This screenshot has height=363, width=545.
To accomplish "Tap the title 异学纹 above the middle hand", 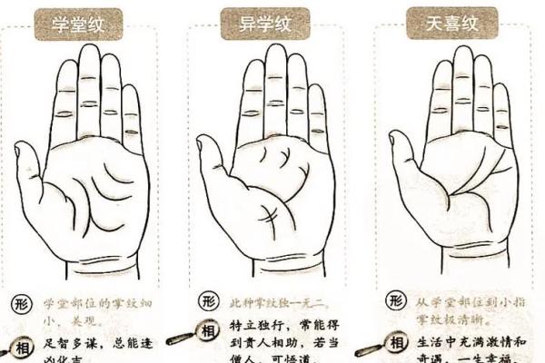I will (x=264, y=21).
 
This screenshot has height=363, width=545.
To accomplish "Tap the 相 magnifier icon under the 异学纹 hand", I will (x=206, y=332).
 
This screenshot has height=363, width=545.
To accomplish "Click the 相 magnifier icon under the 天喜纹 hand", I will (x=392, y=343).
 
